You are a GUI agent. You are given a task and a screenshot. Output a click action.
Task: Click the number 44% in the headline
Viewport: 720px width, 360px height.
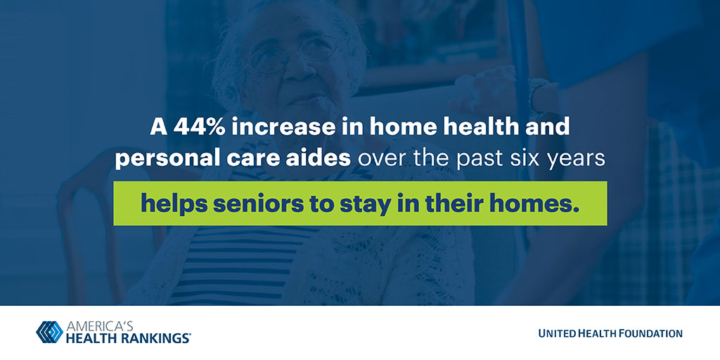tap(199, 127)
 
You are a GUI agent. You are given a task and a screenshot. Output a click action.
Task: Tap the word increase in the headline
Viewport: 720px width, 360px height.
tap(283, 127)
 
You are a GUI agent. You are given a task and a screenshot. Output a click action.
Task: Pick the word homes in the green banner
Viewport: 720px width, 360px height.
tap(535, 203)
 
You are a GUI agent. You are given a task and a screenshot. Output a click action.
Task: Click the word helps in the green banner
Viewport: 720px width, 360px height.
tap(174, 205)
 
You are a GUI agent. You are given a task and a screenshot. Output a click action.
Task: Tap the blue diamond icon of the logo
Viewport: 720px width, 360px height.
tap(50, 332)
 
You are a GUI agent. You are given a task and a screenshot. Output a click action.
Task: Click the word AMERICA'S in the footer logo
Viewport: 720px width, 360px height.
tap(100, 326)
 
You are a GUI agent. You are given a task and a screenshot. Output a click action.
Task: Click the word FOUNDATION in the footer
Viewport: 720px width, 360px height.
tap(649, 333)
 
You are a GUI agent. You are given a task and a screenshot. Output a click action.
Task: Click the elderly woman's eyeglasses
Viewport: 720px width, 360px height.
tap(292, 53)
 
